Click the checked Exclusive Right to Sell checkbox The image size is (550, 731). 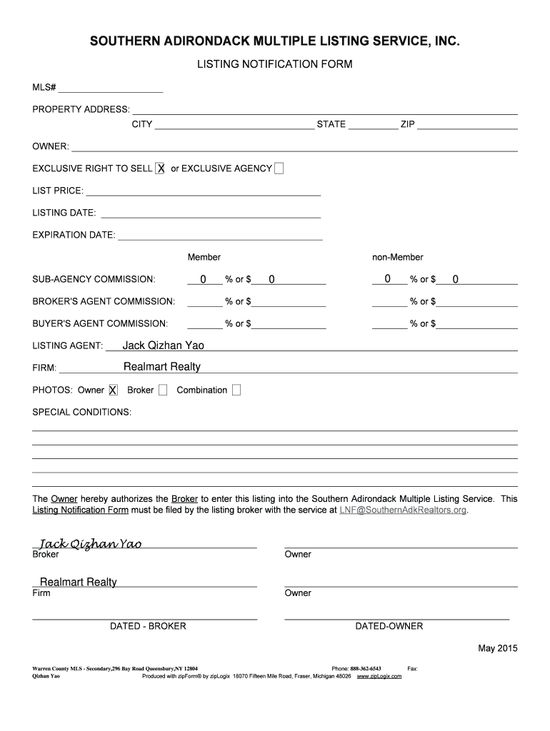(x=161, y=168)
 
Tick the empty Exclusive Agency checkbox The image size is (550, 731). (x=279, y=168)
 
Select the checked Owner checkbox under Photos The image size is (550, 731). (x=112, y=390)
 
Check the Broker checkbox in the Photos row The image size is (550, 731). (x=163, y=390)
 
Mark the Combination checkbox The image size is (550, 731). (x=236, y=390)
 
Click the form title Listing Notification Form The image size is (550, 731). (x=275, y=64)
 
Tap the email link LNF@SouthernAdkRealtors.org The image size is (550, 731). (x=403, y=510)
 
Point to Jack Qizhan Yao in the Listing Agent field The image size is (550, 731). (x=164, y=346)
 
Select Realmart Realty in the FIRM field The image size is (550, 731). (x=162, y=367)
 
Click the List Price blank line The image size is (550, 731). (x=203, y=191)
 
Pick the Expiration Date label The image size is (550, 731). (x=74, y=235)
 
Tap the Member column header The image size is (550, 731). (x=204, y=257)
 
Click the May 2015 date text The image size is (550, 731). (x=497, y=648)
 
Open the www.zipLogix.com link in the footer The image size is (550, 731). (x=379, y=676)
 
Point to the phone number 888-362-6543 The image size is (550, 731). (x=366, y=669)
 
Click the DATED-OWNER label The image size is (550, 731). (x=389, y=626)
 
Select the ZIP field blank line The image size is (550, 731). (x=467, y=124)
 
